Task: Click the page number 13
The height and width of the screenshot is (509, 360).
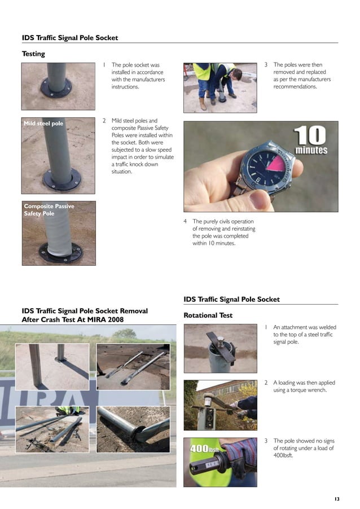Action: tap(337, 499)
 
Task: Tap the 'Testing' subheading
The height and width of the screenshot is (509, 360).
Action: tap(33, 54)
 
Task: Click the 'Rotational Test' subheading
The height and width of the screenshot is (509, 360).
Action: tap(208, 315)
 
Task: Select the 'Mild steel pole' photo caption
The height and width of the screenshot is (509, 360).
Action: tap(43, 123)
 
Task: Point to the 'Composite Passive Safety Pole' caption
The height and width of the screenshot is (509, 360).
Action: tap(49, 210)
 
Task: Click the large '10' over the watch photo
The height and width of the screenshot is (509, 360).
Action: tap(309, 135)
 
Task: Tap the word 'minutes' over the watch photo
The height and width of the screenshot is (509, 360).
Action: tap(311, 151)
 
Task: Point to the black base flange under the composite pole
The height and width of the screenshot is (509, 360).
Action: tap(60, 253)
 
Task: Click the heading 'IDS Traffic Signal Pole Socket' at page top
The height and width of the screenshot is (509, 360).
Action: tap(70, 38)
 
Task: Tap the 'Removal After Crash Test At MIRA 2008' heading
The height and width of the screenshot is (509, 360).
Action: tap(85, 315)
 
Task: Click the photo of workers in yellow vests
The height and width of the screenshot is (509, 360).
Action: tap(219, 87)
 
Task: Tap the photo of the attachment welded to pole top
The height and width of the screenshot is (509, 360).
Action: tap(220, 348)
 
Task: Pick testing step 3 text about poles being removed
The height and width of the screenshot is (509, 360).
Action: tap(302, 76)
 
